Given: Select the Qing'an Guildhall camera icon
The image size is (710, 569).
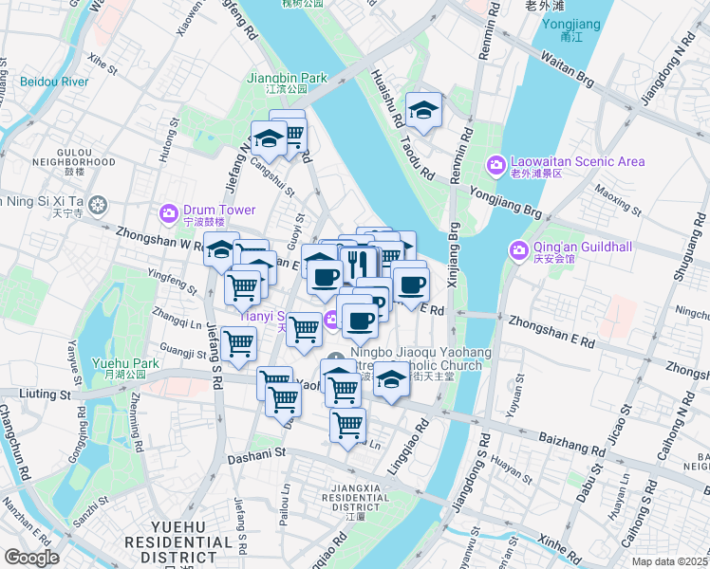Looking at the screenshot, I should pos(518,250).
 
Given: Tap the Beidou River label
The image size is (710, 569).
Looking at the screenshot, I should pos(54,82).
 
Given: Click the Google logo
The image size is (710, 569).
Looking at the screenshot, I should pos(31,558).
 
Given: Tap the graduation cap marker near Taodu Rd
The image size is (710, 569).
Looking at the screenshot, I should pos(424,110).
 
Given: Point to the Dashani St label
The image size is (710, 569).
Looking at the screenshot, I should pos(256,454).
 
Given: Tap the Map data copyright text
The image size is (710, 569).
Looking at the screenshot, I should pos(670,561).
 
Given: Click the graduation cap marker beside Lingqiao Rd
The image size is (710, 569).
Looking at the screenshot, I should pos(390,379).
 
